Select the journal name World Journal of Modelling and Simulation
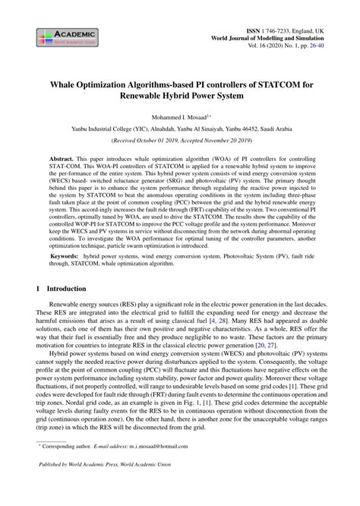[270, 36]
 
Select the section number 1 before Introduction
[39, 289]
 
